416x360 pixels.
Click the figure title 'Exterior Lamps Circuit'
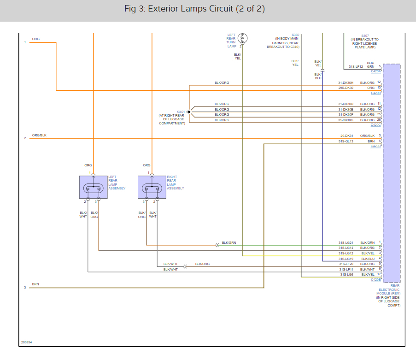[x=190, y=9]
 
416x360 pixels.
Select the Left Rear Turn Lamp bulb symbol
[x=242, y=38]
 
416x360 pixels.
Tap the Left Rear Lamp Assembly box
[x=94, y=187]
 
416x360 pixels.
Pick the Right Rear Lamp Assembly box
[x=152, y=187]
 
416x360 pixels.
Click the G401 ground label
[x=181, y=112]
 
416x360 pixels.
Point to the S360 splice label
[x=295, y=35]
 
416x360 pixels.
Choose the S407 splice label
[x=365, y=35]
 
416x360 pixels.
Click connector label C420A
[x=375, y=71]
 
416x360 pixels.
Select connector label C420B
[x=375, y=93]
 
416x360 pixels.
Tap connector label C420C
[x=375, y=125]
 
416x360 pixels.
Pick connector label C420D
[x=375, y=146]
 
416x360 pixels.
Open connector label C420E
[x=375, y=279]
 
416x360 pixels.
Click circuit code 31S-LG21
[x=346, y=242]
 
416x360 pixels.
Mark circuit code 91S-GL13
[x=346, y=141]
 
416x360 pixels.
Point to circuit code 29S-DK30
[x=346, y=88]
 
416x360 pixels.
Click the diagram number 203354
[x=27, y=342]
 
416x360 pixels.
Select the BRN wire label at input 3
[x=35, y=284]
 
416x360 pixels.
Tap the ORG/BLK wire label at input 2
[x=39, y=135]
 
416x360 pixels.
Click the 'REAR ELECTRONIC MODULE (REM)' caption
[x=388, y=289]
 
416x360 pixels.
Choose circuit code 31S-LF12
[x=356, y=67]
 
